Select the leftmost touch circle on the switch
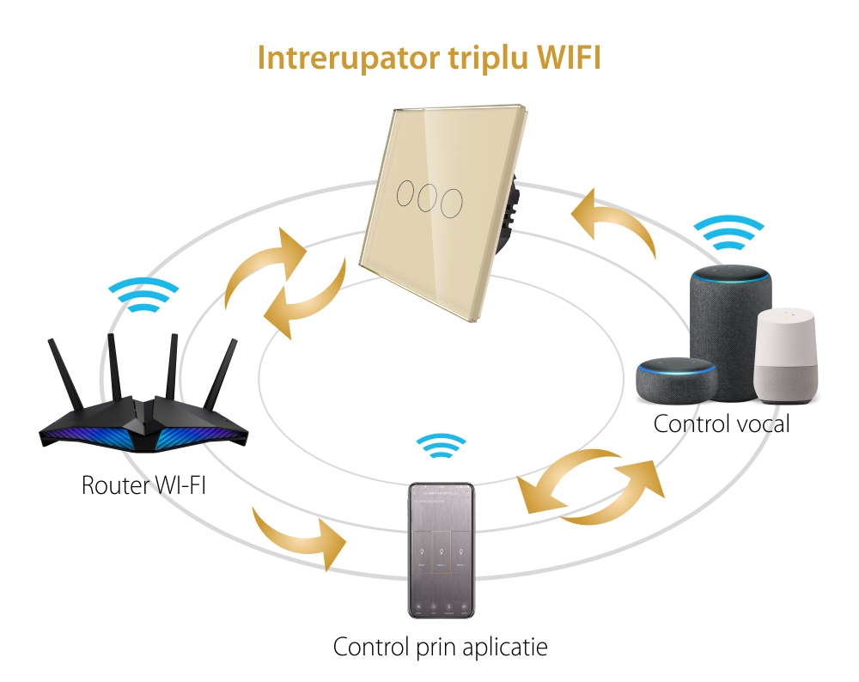(x=403, y=192)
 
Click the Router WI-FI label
(x=143, y=484)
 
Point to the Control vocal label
(x=721, y=423)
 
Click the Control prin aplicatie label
(x=439, y=647)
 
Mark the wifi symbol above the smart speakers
(x=729, y=230)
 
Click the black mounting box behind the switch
(x=510, y=210)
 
